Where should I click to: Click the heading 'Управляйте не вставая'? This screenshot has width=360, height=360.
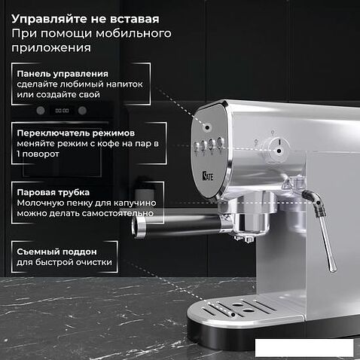[85, 19]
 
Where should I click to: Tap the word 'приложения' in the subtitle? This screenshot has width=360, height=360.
[51, 47]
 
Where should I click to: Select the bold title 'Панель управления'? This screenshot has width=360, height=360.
[63, 74]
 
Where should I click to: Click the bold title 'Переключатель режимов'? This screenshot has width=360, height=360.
[76, 133]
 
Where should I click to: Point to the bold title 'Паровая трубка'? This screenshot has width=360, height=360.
[53, 192]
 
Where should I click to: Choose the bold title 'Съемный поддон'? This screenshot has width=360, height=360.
[56, 252]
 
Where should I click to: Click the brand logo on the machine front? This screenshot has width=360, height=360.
[208, 176]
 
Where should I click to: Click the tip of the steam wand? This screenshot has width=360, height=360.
[333, 269]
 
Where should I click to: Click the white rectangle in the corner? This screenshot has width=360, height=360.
[304, 348]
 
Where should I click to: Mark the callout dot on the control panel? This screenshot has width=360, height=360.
[207, 127]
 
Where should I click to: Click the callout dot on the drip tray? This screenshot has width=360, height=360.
[233, 315]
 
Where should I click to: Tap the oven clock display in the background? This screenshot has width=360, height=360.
[62, 111]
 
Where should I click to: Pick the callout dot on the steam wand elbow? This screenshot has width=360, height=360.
[319, 203]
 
